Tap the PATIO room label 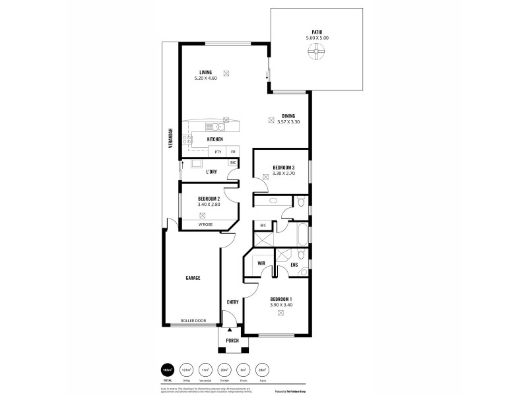coord(317,32)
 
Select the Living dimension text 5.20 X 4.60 coord(206,79)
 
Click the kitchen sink coord(213,127)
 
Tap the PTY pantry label coord(218,152)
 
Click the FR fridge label coord(232,152)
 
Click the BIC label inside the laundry coord(232,162)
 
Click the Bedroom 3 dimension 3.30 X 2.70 coord(276,174)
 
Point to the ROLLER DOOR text coord(193,321)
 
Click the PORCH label coord(232,341)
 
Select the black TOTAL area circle coord(168,370)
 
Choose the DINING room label coord(288,115)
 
